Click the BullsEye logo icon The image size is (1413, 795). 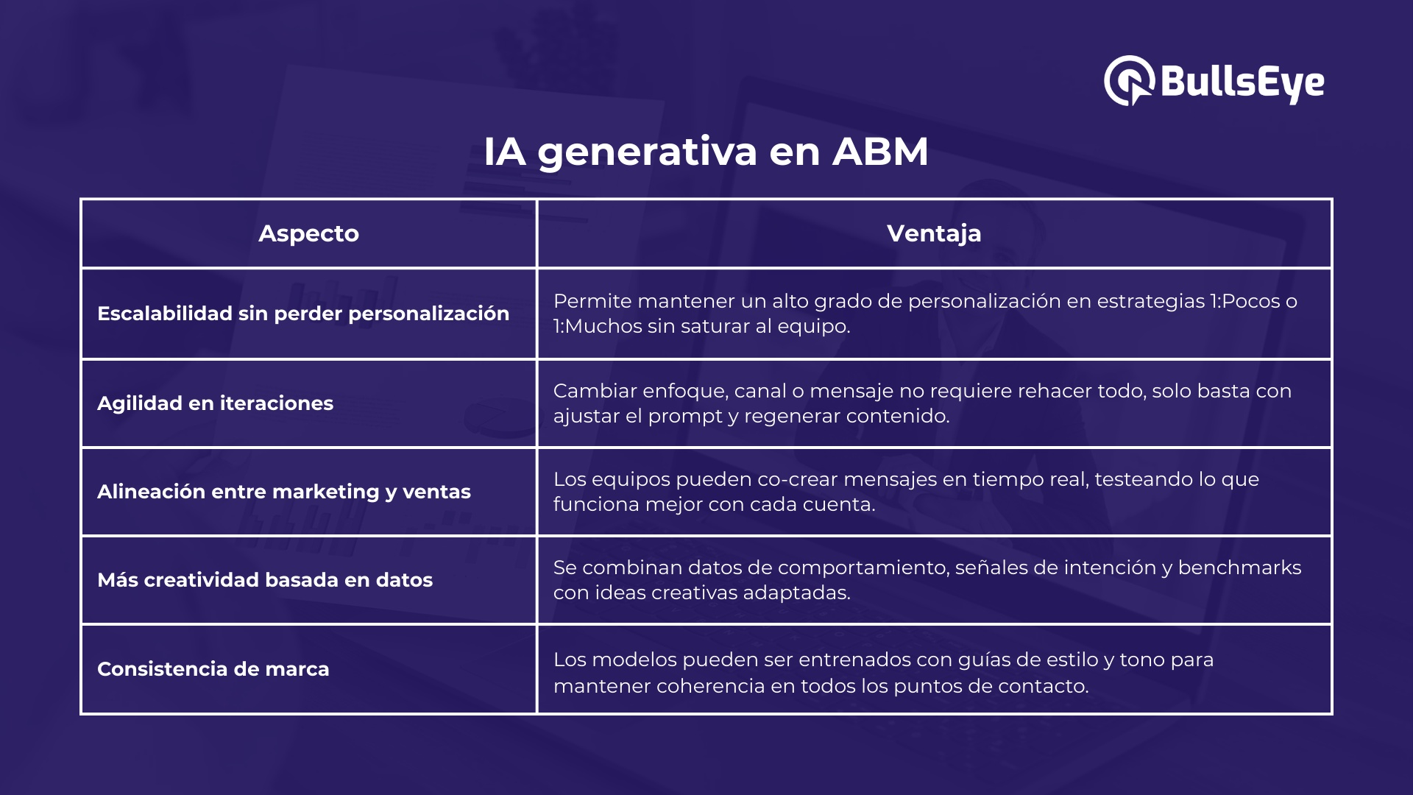[1129, 81]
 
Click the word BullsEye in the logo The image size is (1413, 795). [1242, 82]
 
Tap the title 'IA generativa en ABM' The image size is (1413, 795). [706, 152]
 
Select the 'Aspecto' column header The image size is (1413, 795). [309, 233]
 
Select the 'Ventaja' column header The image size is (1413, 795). [934, 233]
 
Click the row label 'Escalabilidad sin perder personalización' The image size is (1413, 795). [303, 314]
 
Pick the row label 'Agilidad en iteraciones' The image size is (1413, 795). [215, 403]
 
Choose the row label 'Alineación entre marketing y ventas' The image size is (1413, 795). [284, 492]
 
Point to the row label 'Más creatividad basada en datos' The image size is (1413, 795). [265, 580]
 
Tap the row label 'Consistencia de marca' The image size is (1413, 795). [213, 669]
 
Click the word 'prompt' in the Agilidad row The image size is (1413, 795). [684, 417]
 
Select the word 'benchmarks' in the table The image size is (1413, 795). [1240, 568]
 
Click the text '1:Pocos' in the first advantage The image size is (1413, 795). [1244, 301]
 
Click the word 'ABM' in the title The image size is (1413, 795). [880, 152]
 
